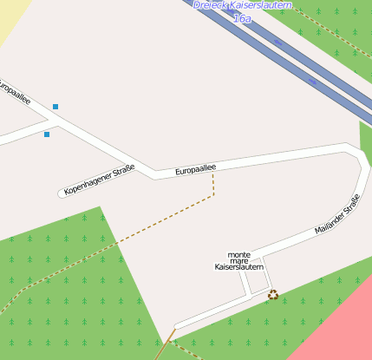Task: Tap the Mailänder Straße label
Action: [x=337, y=217]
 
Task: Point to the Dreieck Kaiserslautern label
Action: [x=243, y=5]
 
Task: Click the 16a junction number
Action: [x=243, y=17]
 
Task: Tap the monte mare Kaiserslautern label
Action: [x=238, y=260]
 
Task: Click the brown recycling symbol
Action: [x=273, y=295]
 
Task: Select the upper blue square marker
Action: [x=55, y=107]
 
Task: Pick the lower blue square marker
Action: [x=47, y=134]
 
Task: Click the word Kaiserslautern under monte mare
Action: [x=238, y=267]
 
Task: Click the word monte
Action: [x=238, y=254]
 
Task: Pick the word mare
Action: [x=238, y=260]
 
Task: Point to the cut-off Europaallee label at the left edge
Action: [x=14, y=92]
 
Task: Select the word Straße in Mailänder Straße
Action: [x=351, y=206]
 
